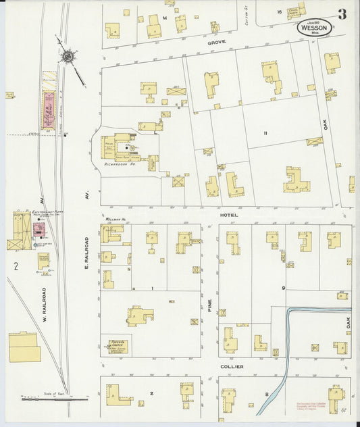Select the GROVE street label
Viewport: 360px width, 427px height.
tap(217, 42)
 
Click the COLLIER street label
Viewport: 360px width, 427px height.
tap(232, 366)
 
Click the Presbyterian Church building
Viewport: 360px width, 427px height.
tap(115, 347)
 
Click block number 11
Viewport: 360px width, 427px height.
tap(266, 132)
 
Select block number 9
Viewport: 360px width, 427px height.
tap(284, 288)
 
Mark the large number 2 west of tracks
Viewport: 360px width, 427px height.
tap(14, 265)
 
